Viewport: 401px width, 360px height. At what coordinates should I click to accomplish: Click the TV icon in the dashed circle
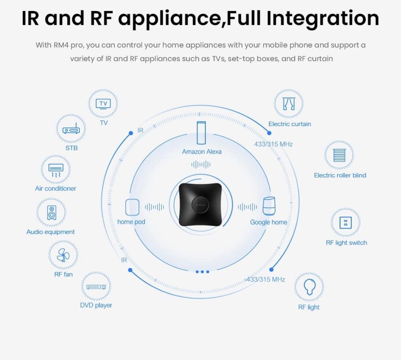click(103, 104)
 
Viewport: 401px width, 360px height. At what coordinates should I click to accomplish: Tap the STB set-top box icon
click(71, 130)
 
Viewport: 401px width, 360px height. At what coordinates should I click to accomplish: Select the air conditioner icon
click(56, 170)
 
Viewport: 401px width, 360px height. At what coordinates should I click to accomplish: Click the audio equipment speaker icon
click(51, 213)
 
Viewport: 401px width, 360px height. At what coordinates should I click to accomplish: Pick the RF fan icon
click(63, 255)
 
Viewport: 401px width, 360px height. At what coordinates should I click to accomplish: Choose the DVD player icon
click(96, 286)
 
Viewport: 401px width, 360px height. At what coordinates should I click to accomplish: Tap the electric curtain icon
click(289, 104)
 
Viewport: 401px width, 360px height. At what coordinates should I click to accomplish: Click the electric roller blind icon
click(339, 155)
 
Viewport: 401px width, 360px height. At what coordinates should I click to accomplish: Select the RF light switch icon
click(345, 223)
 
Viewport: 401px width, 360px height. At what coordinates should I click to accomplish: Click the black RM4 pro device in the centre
click(201, 205)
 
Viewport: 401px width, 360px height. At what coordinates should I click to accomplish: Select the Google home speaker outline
click(269, 206)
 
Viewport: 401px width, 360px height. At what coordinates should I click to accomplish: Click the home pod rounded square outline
click(132, 206)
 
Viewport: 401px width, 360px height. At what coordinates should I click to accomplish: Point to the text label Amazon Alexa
click(202, 151)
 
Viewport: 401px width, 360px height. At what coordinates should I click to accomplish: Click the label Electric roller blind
click(340, 175)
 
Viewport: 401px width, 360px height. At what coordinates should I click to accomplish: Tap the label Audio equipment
click(51, 232)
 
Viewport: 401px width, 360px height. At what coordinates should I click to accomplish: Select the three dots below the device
click(202, 272)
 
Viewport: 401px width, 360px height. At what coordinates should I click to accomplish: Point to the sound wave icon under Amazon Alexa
click(201, 164)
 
